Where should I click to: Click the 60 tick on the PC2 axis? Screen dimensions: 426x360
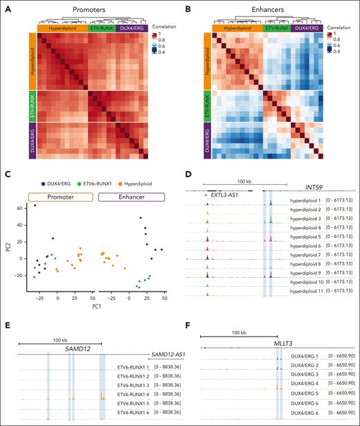coord(21,206)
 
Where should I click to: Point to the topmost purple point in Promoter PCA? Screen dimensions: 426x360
coord(35,206)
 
